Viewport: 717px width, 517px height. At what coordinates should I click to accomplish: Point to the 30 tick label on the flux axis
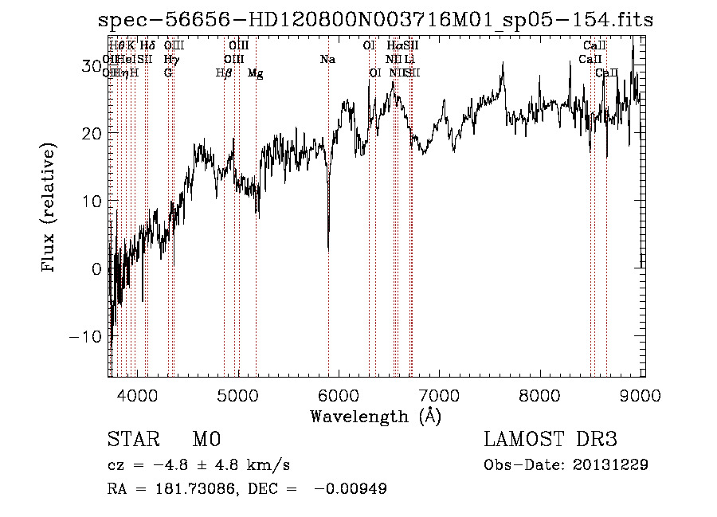[91, 65]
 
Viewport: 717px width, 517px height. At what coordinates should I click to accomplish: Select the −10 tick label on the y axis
[86, 336]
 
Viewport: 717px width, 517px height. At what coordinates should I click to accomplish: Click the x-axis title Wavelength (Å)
[375, 416]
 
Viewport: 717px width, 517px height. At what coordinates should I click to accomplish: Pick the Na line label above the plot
[327, 60]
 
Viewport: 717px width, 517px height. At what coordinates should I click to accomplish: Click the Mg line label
[256, 73]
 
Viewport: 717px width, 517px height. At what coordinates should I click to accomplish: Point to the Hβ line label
[224, 73]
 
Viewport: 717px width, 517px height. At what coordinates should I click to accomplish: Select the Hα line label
[394, 46]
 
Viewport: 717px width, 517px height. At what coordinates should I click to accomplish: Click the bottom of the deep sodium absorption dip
[328, 248]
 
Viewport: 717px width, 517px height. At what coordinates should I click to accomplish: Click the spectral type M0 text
[206, 440]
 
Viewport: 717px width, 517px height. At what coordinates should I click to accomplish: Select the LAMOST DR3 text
[550, 440]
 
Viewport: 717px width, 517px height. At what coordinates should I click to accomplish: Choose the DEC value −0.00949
[351, 489]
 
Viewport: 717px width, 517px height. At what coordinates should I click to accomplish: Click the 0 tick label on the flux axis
[96, 268]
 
